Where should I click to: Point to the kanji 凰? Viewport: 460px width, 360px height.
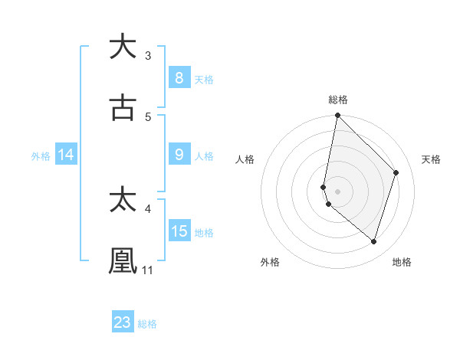[123, 260]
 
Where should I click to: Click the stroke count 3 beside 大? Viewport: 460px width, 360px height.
[148, 55]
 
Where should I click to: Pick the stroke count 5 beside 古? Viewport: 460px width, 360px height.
[148, 116]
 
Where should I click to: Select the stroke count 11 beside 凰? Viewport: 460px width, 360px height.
[148, 270]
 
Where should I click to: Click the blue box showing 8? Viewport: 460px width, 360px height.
[179, 77]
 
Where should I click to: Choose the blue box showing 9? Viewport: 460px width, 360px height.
[179, 155]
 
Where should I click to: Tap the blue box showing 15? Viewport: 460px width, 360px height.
[179, 231]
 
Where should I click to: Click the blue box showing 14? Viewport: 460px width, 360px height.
[66, 155]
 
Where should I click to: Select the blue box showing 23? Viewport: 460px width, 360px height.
[123, 322]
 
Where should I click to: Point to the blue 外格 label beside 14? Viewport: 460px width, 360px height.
[41, 156]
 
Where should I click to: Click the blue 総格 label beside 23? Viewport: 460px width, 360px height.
[148, 324]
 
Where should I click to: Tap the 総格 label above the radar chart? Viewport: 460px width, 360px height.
[338, 100]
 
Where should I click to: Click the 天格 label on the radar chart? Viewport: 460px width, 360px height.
[431, 159]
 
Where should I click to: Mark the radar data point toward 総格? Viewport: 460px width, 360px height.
[337, 116]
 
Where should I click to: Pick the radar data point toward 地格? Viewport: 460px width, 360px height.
[373, 241]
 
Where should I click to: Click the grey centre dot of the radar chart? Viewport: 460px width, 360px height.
[337, 191]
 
